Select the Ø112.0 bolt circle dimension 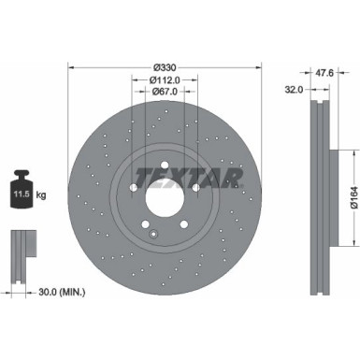(165, 80)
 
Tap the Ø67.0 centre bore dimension (165, 93)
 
